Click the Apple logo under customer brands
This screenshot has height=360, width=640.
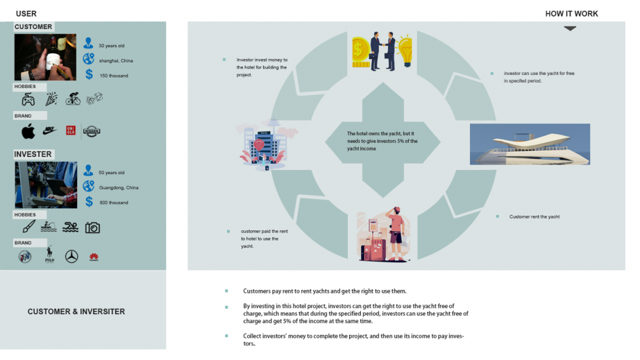28,131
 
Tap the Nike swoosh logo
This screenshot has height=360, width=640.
49,130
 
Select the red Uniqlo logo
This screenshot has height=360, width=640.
70,130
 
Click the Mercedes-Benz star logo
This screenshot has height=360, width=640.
71,257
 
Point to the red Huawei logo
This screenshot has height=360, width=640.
94,257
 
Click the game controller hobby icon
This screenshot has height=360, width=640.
28,99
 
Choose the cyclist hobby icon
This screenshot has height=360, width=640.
73,99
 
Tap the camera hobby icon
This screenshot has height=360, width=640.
92,228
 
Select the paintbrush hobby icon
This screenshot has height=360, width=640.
28,227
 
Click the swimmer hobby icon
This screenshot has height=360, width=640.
70,228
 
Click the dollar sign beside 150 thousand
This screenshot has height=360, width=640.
89,74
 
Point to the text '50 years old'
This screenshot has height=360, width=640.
111,173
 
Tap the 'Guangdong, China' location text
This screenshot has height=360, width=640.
119,187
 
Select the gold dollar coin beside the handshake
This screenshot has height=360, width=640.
361,49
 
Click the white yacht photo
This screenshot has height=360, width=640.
530,144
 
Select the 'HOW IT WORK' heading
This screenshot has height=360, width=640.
571,14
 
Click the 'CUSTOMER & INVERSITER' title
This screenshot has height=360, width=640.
76,312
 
